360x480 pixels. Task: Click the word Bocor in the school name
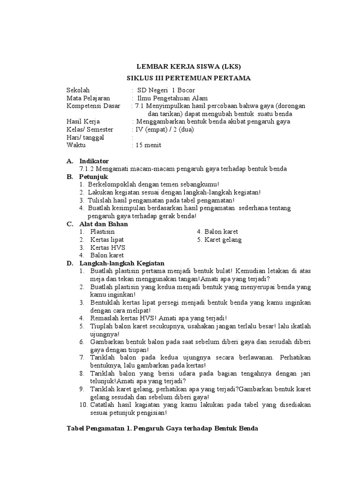coord(185,90)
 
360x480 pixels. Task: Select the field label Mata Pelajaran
coord(89,98)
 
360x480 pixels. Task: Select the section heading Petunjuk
coord(94,177)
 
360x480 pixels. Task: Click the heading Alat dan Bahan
coord(104,224)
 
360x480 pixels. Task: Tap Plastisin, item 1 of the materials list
coord(102,232)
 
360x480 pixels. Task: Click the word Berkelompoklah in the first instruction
coord(111,185)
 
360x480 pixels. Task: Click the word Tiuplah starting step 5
coord(100,326)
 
